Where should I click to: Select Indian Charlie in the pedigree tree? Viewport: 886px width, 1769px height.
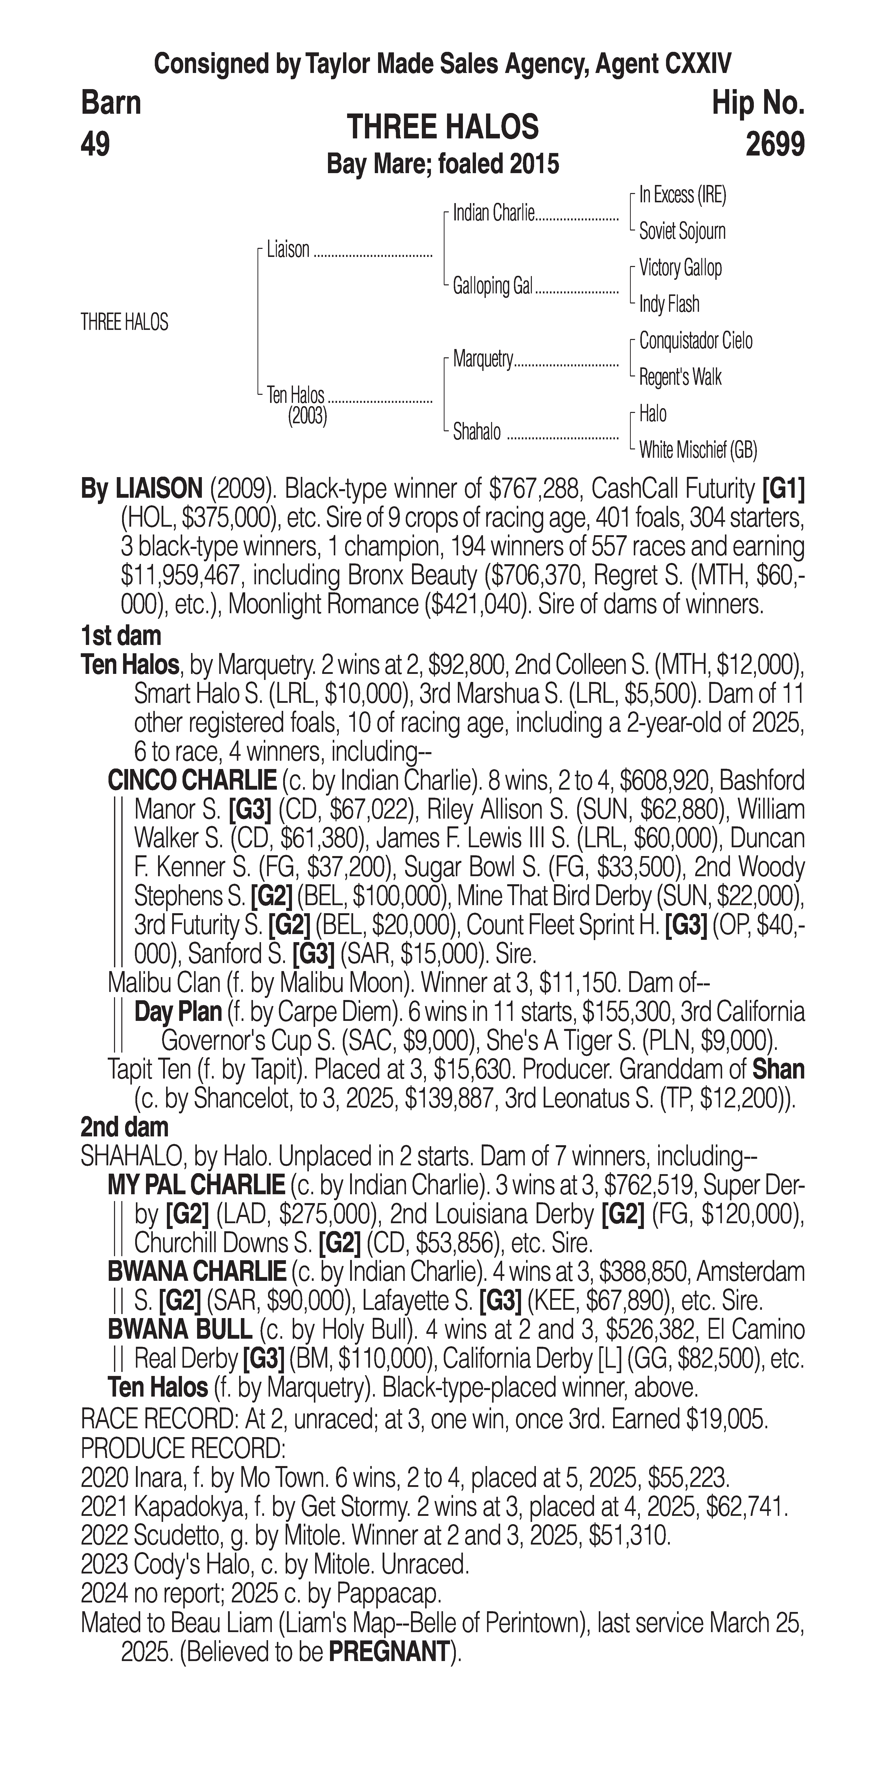tap(493, 214)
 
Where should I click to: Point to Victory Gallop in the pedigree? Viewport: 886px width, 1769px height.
tap(680, 268)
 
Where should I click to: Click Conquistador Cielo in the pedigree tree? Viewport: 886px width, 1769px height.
tap(695, 341)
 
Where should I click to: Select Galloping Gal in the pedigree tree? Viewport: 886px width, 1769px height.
tap(492, 286)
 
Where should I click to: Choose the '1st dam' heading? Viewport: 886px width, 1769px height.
tap(121, 636)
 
